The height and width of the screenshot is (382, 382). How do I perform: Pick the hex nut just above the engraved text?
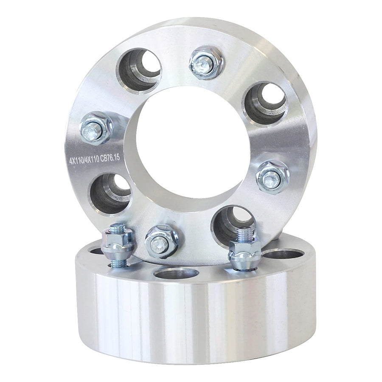click(x=96, y=128)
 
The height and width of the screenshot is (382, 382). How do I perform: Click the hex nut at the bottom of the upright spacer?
click(x=161, y=242)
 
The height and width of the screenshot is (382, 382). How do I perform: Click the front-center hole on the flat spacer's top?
click(x=176, y=274)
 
